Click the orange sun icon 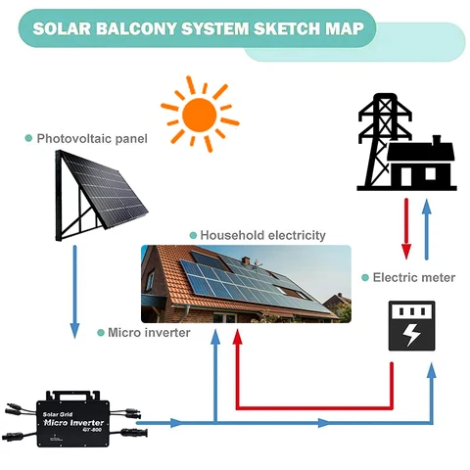(200, 115)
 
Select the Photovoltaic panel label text (92, 139)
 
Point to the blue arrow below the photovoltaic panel (75, 294)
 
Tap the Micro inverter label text (150, 333)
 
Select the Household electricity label (262, 236)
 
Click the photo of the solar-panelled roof (245, 284)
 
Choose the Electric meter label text (413, 278)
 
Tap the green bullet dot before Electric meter (365, 278)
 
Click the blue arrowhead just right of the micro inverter (175, 423)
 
